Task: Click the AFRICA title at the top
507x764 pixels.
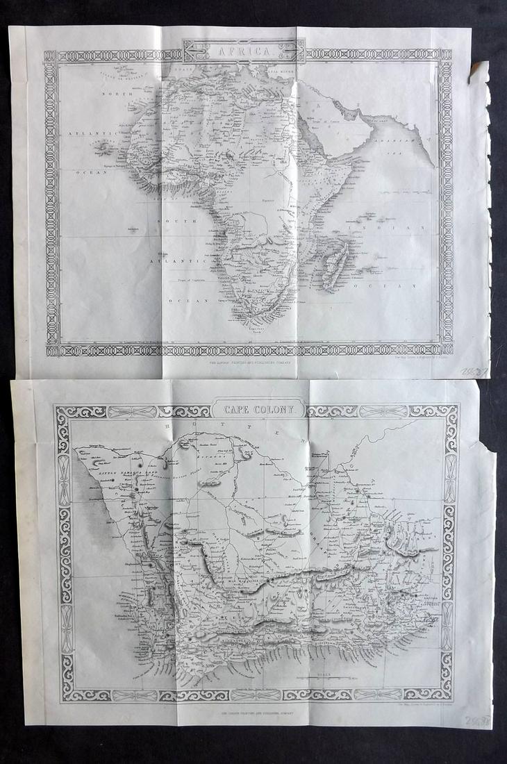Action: tap(244, 51)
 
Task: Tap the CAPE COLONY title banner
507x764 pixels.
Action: tap(258, 410)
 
